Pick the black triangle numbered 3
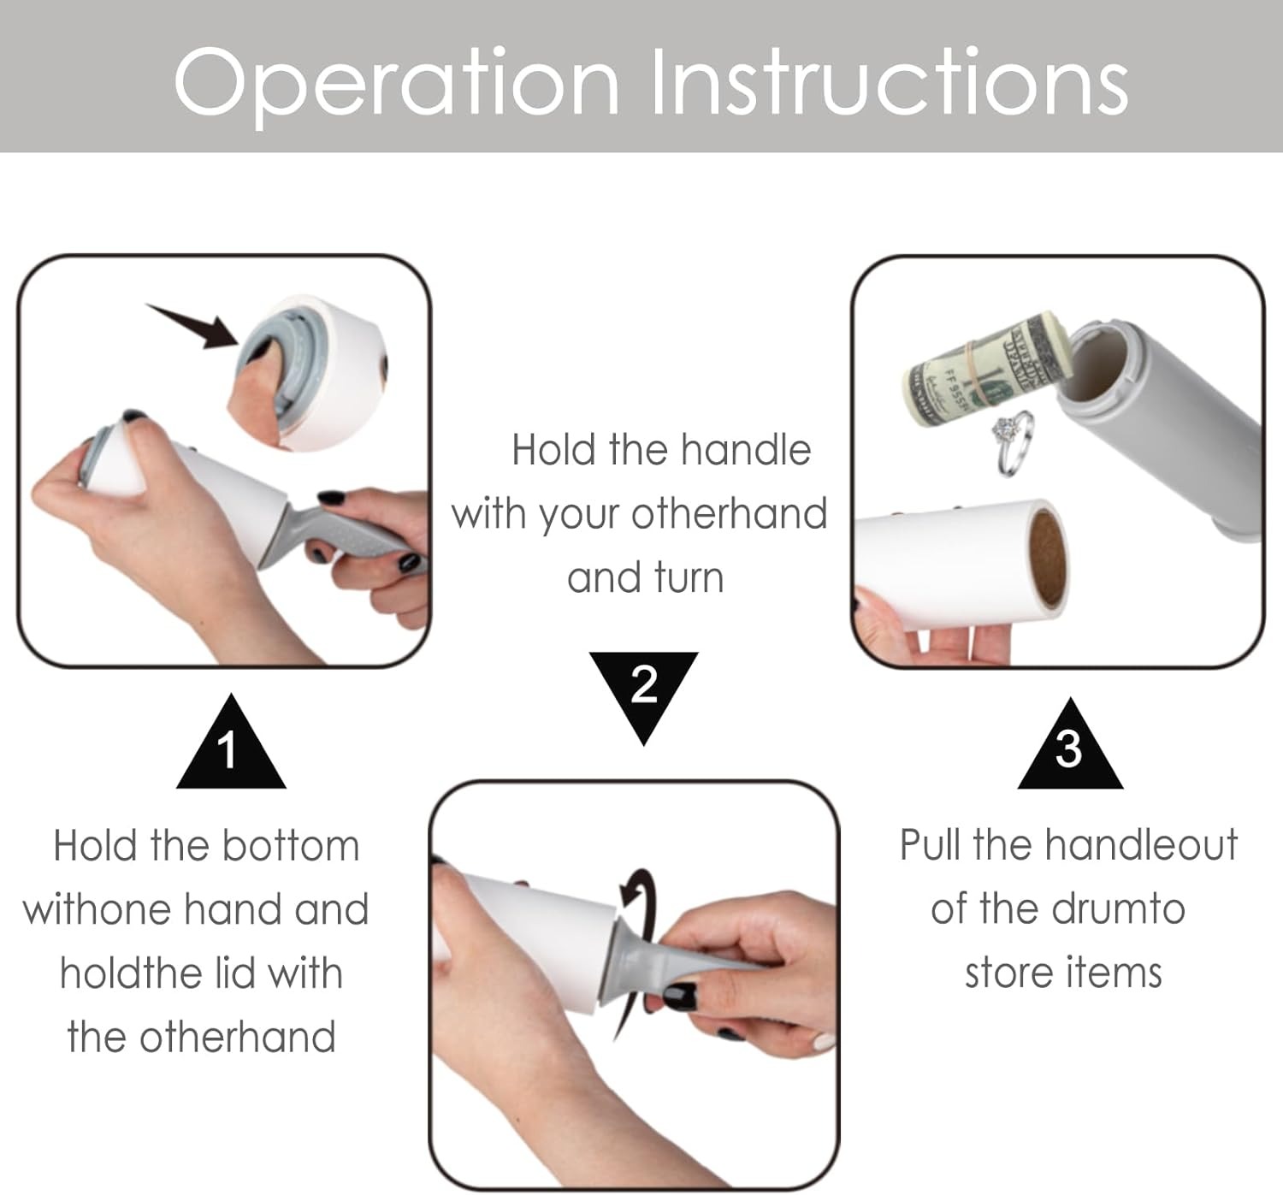coord(1070,746)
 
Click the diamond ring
coord(1014,443)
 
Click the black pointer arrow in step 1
coord(192,325)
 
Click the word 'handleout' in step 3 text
coord(1142,844)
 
